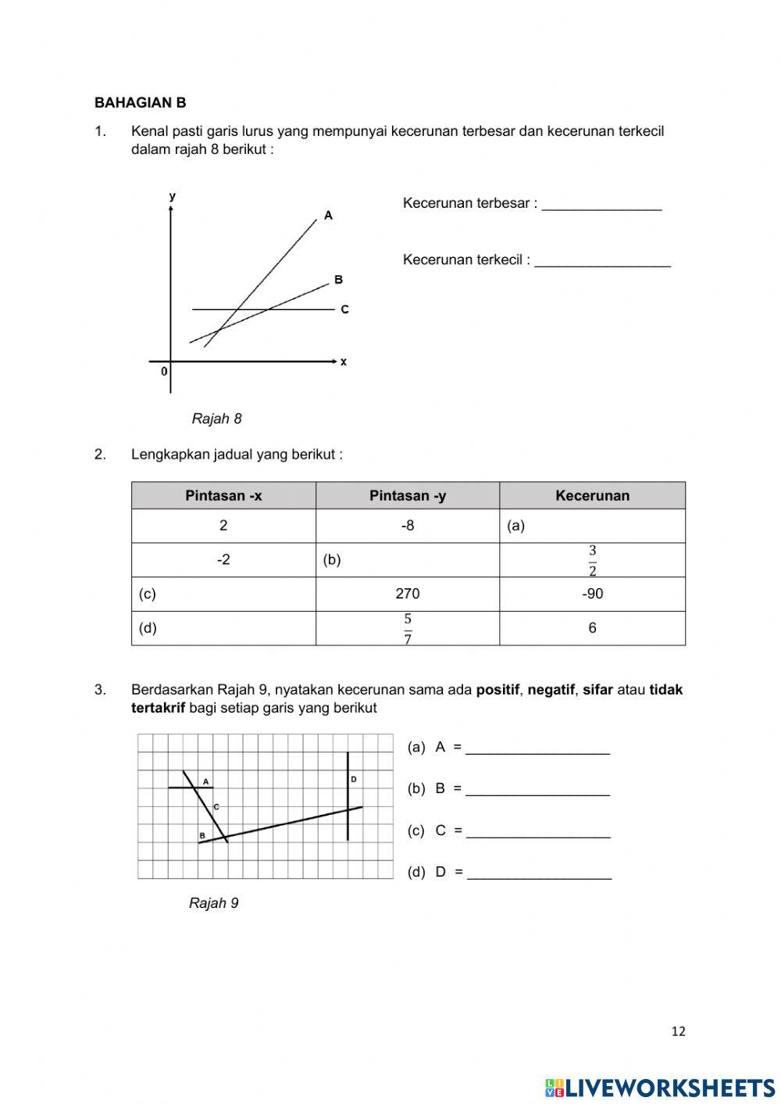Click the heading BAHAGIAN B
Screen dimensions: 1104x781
140,102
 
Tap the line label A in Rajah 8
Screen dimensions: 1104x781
328,215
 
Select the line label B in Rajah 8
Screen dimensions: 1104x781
338,279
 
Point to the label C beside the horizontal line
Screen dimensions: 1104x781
344,309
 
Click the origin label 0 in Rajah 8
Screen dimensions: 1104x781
164,372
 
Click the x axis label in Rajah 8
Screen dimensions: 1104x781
344,362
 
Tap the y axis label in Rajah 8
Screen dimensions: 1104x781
172,196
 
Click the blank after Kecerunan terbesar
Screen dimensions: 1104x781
601,205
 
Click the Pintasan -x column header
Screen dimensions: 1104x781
223,495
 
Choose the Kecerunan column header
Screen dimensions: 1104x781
592,495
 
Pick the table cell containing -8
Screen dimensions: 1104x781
408,526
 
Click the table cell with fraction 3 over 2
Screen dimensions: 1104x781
592,560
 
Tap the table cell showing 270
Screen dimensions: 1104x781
408,594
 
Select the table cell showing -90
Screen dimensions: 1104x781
592,594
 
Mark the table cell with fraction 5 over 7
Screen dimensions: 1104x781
408,628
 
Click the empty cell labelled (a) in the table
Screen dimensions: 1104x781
592,526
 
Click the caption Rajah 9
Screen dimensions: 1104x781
213,903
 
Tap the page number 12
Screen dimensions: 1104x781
678,1031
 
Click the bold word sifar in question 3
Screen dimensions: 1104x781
597,690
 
